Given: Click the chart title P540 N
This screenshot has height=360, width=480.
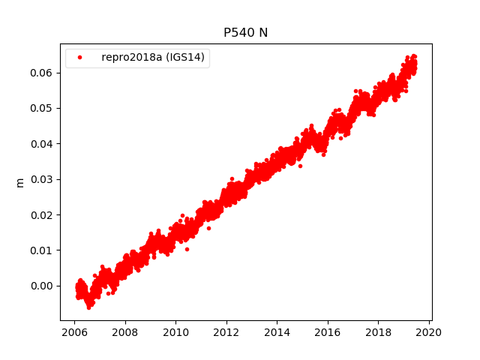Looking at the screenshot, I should coord(245,33).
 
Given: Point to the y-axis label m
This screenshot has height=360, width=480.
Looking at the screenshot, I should coord(20,182).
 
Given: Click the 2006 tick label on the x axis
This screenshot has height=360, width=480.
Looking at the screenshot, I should coord(74,332).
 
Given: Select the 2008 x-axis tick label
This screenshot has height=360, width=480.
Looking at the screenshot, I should coord(124,332).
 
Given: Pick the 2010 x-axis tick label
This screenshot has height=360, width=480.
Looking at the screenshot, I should coord(175,332).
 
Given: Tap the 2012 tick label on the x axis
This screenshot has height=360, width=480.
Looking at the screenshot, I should coord(226,332).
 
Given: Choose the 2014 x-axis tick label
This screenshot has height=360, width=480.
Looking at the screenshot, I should coord(277,332).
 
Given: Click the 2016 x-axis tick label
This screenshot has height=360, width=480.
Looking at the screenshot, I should coord(328,332).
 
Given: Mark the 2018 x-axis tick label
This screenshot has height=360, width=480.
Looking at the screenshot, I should coord(378,332).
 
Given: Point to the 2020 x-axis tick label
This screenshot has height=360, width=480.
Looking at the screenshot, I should coord(429,332).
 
